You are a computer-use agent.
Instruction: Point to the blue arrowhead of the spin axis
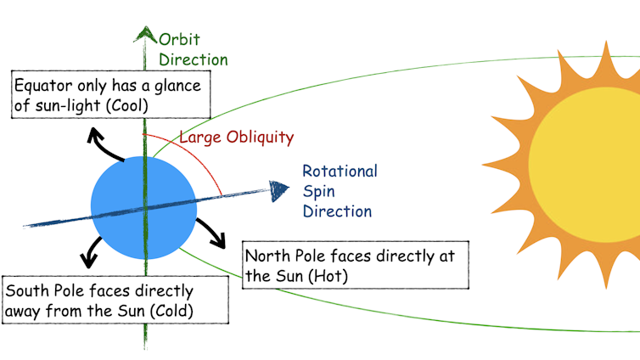coord(277,188)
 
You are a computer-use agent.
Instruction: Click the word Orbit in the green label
coord(179,38)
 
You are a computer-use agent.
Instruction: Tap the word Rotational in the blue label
coord(340,171)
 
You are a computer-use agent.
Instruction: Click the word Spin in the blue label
coord(318,191)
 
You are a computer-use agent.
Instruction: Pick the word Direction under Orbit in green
coord(194,59)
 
